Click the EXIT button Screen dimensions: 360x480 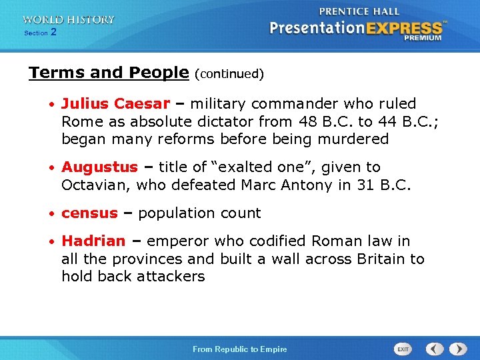coord(403,349)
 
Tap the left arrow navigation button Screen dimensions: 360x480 coord(435,349)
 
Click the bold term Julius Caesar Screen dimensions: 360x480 coord(115,104)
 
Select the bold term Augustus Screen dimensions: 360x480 coord(99,167)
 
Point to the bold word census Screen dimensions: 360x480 coord(89,213)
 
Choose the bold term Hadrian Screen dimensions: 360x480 coord(93,241)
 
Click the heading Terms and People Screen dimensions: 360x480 coord(109,73)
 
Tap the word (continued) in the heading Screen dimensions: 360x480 coord(229,74)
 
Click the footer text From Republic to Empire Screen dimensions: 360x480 coord(240,349)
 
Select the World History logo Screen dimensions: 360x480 coord(68,20)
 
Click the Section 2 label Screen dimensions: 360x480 coord(40,33)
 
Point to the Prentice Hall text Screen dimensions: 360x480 coord(359,11)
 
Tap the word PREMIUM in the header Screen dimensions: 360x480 coord(422,38)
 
